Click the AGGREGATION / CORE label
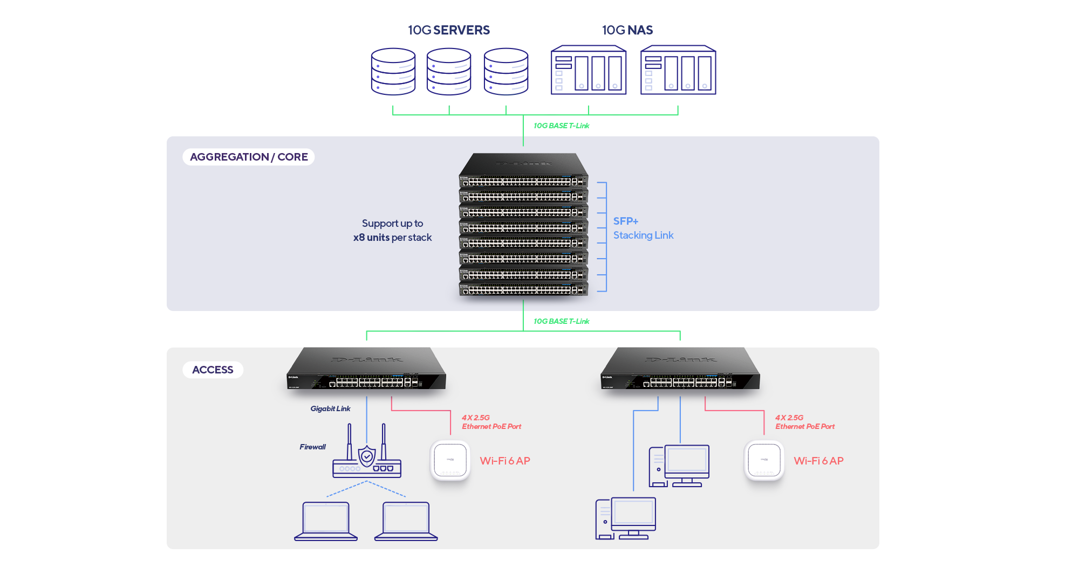pyautogui.click(x=249, y=157)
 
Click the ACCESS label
pyautogui.click(x=213, y=370)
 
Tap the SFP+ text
pyautogui.click(x=626, y=221)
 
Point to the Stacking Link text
pyautogui.click(x=643, y=235)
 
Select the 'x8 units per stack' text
pyautogui.click(x=392, y=238)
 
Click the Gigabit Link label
pyautogui.click(x=330, y=408)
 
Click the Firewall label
pyautogui.click(x=312, y=447)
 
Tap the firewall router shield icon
pyautogui.click(x=367, y=456)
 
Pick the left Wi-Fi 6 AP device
pyautogui.click(x=450, y=461)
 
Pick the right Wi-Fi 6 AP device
pyautogui.click(x=764, y=461)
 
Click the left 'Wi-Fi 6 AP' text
pyautogui.click(x=505, y=461)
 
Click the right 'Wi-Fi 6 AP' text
pyautogui.click(x=818, y=461)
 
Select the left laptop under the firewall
pyautogui.click(x=326, y=521)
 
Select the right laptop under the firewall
pyautogui.click(x=406, y=521)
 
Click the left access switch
pyautogui.click(x=366, y=370)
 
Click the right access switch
pyautogui.click(x=680, y=370)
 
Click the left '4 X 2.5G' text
pyautogui.click(x=476, y=418)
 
